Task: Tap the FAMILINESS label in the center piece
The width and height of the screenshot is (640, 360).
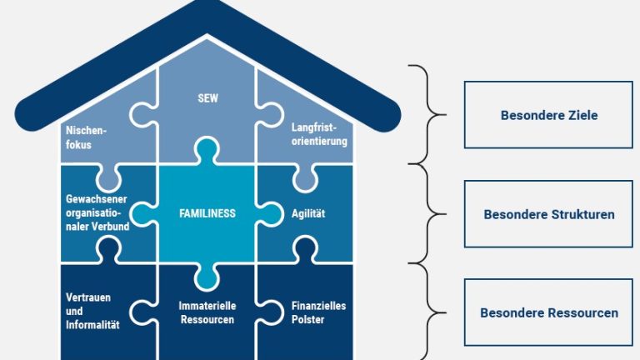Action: [207, 213]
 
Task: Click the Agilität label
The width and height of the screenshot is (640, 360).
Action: [308, 214]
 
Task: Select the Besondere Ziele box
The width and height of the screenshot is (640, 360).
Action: [548, 115]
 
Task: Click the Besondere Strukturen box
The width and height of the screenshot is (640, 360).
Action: [548, 214]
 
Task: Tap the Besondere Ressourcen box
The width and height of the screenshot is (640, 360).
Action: [548, 313]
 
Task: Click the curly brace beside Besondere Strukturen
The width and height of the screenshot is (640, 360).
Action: [429, 213]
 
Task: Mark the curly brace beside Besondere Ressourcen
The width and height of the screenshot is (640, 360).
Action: [429, 312]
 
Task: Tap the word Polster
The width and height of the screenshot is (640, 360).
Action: [307, 319]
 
